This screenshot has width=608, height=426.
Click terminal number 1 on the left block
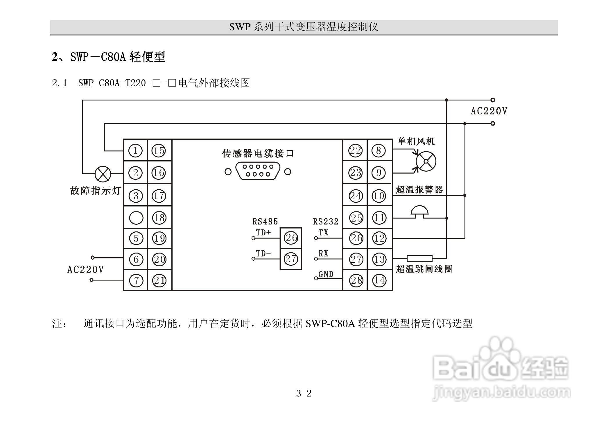pyautogui.click(x=135, y=150)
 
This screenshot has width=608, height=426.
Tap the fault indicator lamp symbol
pyautogui.click(x=103, y=174)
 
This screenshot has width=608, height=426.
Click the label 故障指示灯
pyautogui.click(x=96, y=191)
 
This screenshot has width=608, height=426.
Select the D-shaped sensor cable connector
pyautogui.click(x=258, y=171)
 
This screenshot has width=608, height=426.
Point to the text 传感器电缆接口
pyautogui.click(x=258, y=153)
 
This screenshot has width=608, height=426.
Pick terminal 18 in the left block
pyautogui.click(x=159, y=218)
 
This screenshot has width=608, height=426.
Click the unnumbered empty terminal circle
pyautogui.click(x=136, y=218)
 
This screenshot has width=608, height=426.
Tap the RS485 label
pyautogui.click(x=265, y=222)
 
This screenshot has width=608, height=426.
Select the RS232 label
pyautogui.click(x=326, y=222)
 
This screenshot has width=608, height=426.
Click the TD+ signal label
pyautogui.click(x=263, y=232)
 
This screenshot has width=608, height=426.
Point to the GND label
pyautogui.click(x=326, y=274)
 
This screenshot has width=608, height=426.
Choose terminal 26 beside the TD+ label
pyautogui.click(x=291, y=238)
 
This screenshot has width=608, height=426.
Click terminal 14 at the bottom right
pyautogui.click(x=379, y=280)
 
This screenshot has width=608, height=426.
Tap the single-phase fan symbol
pyautogui.click(x=426, y=161)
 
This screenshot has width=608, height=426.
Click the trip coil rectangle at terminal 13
pyautogui.click(x=419, y=258)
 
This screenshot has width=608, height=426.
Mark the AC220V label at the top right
pyautogui.click(x=489, y=111)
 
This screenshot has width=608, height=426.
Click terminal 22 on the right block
pyautogui.click(x=355, y=150)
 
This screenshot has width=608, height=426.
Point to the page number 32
pyautogui.click(x=304, y=393)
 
